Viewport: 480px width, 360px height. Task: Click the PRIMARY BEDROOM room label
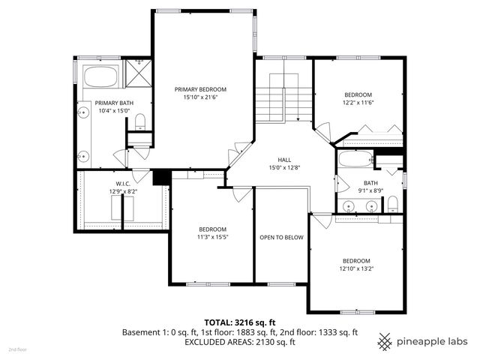(x=200, y=88)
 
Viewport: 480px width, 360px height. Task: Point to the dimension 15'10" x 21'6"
(x=200, y=97)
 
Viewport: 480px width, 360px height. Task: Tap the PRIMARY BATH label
(x=114, y=103)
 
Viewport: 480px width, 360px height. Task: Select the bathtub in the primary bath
(x=100, y=77)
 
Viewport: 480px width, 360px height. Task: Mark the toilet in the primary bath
(x=139, y=139)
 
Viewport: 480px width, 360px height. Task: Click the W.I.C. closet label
(x=123, y=183)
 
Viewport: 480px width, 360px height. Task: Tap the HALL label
(x=284, y=159)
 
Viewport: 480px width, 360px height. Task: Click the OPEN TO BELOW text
(x=281, y=237)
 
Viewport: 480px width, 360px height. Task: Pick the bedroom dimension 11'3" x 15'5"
(x=212, y=237)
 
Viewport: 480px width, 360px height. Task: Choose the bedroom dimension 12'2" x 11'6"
(x=358, y=103)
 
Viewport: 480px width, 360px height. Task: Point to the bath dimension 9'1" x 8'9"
(x=370, y=190)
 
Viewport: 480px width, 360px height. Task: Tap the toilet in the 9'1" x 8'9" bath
(x=391, y=203)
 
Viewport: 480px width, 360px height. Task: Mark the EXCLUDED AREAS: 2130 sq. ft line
(x=240, y=342)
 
